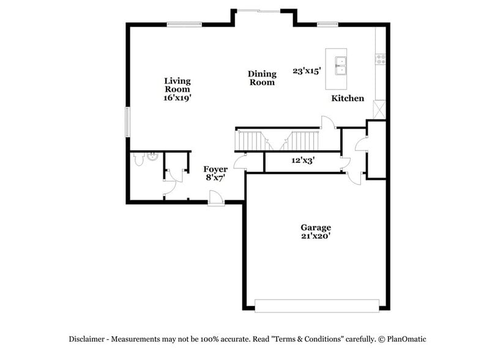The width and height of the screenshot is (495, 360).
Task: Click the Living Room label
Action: (x=177, y=84)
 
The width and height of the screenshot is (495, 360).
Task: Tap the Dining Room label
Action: (x=262, y=78)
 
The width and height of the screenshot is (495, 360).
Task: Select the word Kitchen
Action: (x=348, y=98)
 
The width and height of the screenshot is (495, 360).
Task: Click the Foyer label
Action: (x=215, y=170)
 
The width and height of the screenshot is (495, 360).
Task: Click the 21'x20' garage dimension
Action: (x=316, y=236)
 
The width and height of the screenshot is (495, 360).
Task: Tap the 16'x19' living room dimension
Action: (x=177, y=97)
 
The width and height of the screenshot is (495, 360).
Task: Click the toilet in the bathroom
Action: (x=139, y=160)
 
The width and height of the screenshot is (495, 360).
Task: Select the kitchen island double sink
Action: (x=339, y=65)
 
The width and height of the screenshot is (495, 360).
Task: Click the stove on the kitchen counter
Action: (x=381, y=59)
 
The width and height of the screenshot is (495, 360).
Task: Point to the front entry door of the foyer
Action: (x=215, y=199)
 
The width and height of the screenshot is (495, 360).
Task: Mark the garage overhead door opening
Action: (x=316, y=305)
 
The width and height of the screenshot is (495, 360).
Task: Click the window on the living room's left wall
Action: (x=128, y=122)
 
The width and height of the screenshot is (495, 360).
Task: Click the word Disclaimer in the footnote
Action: (x=88, y=339)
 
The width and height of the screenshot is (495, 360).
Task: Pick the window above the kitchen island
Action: (x=327, y=24)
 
